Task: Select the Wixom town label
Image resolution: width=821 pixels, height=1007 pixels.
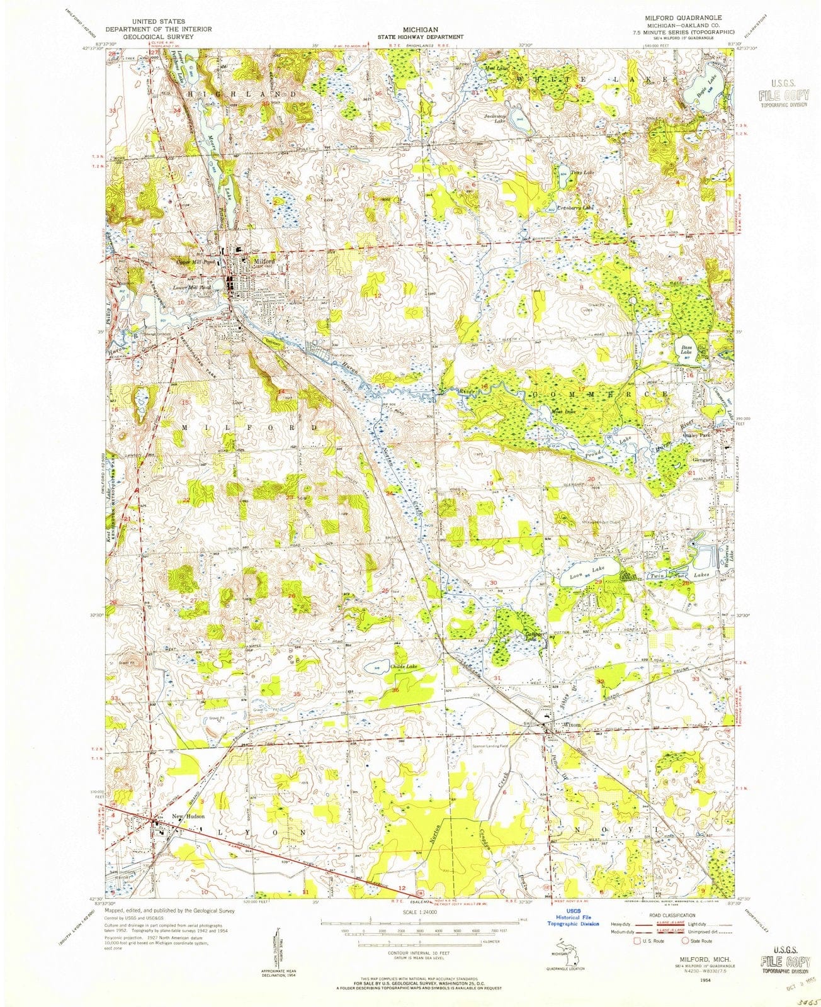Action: click(571, 724)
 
